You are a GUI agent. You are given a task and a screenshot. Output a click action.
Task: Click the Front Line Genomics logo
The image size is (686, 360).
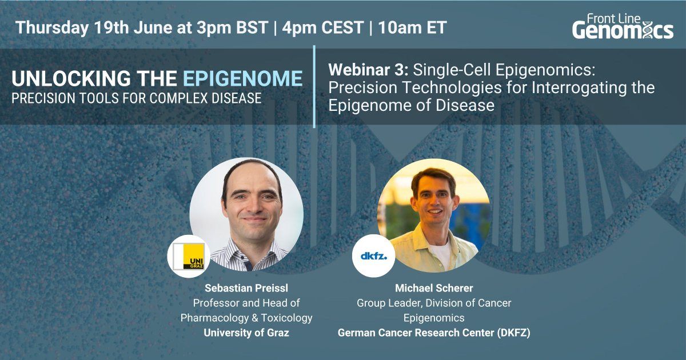[x=623, y=27]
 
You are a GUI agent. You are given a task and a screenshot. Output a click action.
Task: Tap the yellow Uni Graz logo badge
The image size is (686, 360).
[x=189, y=257]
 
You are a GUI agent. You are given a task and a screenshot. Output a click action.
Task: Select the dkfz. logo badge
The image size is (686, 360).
[x=374, y=256]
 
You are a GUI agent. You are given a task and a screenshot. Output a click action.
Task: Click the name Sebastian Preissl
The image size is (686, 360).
[x=246, y=288]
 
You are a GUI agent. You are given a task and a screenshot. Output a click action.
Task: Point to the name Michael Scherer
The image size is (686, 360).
[x=434, y=288]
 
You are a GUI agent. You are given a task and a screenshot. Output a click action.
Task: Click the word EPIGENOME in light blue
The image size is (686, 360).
[x=243, y=78]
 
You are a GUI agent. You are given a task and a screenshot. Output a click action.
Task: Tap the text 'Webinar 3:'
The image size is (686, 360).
[x=368, y=70]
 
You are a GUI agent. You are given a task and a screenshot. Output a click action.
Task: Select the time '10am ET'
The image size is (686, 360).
[x=413, y=27]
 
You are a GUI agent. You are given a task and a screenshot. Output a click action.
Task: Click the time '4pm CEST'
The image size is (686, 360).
[x=323, y=27]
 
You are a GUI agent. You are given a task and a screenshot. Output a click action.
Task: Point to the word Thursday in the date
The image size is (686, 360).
[x=52, y=27]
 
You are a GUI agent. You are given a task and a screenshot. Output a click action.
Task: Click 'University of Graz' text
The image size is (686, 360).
[x=246, y=333]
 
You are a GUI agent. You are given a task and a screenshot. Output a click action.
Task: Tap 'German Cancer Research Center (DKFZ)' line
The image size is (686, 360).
[x=434, y=333]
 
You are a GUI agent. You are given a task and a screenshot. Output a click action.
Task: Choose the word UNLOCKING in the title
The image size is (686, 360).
[x=71, y=78]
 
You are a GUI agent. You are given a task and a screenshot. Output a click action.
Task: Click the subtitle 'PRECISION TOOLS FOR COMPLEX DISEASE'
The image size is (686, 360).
[x=137, y=98]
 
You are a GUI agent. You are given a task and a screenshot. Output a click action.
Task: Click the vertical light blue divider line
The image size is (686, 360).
[x=314, y=86]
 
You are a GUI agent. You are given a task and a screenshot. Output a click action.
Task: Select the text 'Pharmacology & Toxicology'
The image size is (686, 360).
[x=246, y=318]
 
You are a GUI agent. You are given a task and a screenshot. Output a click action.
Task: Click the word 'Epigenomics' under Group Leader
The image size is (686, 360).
[x=434, y=318]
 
